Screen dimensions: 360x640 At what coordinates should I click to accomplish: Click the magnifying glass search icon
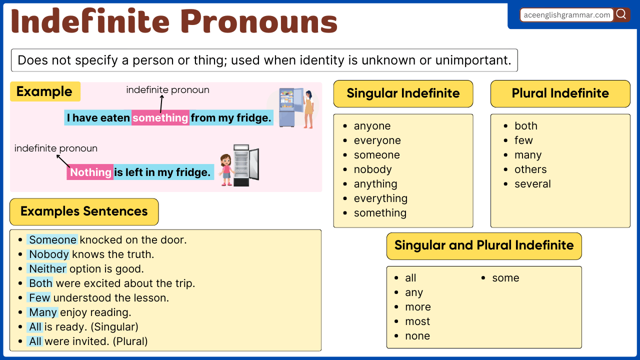[621, 14]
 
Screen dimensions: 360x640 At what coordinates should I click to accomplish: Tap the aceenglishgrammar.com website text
[567, 15]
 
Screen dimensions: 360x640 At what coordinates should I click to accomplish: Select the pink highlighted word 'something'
[160, 118]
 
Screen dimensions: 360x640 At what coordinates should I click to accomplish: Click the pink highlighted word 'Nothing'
[90, 172]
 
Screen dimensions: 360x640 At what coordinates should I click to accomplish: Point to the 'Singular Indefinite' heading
[403, 93]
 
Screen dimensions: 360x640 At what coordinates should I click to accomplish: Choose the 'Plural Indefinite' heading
[560, 93]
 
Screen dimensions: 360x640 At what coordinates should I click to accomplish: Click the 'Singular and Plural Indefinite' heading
[484, 245]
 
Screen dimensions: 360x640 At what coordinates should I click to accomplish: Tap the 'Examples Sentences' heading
[84, 211]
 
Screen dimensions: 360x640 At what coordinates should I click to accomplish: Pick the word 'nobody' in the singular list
[372, 169]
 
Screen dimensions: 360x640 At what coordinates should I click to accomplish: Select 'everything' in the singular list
[380, 198]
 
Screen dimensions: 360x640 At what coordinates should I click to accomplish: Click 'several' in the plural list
[532, 184]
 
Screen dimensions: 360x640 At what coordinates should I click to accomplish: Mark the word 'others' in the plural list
[530, 169]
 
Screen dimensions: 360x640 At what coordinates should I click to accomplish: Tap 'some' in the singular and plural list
[505, 278]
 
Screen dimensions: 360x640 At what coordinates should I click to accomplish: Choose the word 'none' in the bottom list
[417, 336]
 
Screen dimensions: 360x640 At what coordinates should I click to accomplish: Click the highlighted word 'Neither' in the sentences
[47, 269]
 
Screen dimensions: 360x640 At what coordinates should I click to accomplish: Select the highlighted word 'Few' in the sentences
[39, 298]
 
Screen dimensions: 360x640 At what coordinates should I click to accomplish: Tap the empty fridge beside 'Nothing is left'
[245, 165]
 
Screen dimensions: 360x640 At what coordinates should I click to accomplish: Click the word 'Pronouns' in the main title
[259, 22]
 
